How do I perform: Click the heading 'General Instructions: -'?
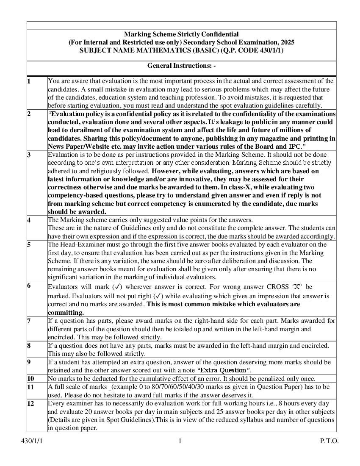pos(181,66)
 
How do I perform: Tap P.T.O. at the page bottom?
pos(329,441)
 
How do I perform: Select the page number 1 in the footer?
pos(180,441)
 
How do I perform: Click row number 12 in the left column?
pos(30,403)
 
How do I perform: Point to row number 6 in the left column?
pos(29,286)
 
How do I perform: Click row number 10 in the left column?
pos(30,378)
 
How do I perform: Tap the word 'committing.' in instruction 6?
pos(66,312)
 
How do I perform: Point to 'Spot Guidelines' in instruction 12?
pos(120,420)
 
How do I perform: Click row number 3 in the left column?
pos(29,155)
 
